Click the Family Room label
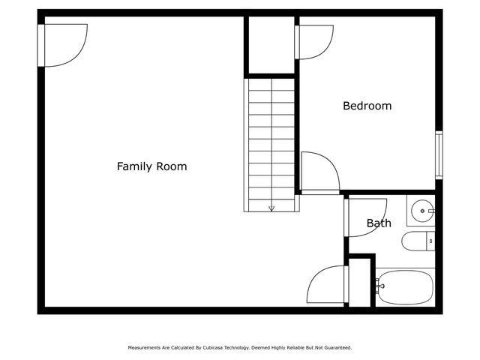point(151,166)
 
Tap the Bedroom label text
point(367,106)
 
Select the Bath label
point(379,223)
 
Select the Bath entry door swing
point(366,216)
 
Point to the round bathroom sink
point(422,211)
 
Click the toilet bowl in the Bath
point(413,241)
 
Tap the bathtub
point(405,286)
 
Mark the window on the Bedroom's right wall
point(439,155)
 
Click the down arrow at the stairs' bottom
point(271,208)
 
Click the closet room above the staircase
point(271,45)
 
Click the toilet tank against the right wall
point(430,241)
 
